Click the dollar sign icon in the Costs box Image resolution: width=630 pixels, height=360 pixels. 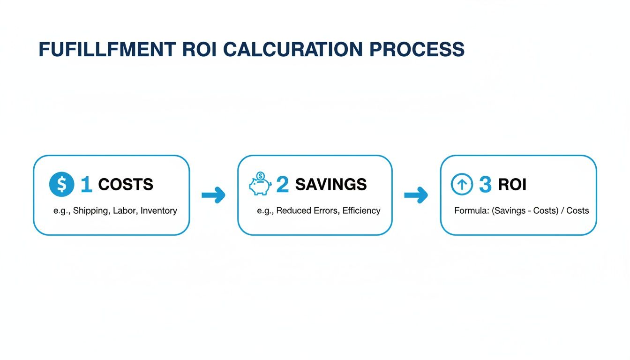(x=61, y=184)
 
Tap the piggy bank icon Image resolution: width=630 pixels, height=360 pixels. (x=260, y=184)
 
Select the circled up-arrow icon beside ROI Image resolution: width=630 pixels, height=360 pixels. (x=462, y=184)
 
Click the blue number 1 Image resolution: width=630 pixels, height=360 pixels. (x=86, y=185)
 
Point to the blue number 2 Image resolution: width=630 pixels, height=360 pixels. (x=282, y=185)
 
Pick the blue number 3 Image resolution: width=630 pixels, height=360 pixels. (x=485, y=185)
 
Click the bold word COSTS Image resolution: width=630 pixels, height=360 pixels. (x=126, y=185)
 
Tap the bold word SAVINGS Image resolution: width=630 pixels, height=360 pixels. (x=331, y=185)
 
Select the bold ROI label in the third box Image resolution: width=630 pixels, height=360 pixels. (x=512, y=185)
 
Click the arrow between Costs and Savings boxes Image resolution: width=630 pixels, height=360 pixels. (x=213, y=195)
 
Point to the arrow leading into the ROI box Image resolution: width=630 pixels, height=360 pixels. (x=416, y=195)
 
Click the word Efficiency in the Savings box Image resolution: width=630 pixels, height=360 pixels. (x=361, y=211)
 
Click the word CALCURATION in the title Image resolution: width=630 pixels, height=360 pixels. (x=292, y=50)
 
